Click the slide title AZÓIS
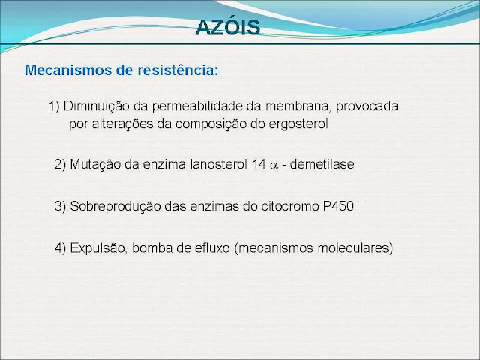point(228,27)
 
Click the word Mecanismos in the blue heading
point(68,70)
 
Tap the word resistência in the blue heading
point(178,70)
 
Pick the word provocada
point(367,106)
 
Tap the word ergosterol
point(298,124)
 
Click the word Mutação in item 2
point(95,165)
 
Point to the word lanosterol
point(218,164)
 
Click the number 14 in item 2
point(259,164)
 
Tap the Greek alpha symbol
point(274,166)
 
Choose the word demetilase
point(322,164)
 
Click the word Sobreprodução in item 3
point(115,207)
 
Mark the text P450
point(338,206)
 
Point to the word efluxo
point(212,248)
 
